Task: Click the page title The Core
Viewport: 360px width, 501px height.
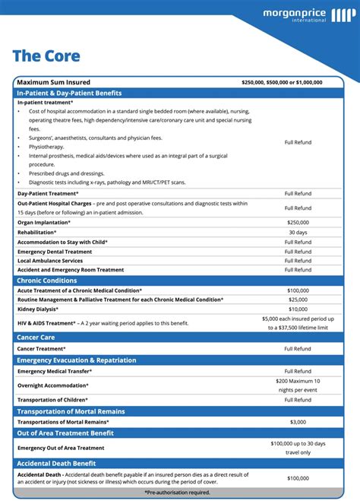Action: pyautogui.click(x=46, y=55)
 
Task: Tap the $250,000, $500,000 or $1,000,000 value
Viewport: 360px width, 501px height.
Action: pyautogui.click(x=282, y=82)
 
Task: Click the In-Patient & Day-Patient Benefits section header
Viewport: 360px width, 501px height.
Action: pyautogui.click(x=69, y=93)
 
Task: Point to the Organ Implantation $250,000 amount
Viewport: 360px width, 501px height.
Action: pyautogui.click(x=298, y=222)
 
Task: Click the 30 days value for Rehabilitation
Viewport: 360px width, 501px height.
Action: pyautogui.click(x=298, y=232)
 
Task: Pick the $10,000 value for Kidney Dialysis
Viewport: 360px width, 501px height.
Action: pyautogui.click(x=298, y=309)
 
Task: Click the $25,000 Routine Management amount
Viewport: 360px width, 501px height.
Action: pyautogui.click(x=298, y=300)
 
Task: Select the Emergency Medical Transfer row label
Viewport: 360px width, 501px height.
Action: pyautogui.click(x=55, y=371)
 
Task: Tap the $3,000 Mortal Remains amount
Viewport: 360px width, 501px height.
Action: pyautogui.click(x=298, y=422)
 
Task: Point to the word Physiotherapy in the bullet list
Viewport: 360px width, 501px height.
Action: pyautogui.click(x=47, y=147)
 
